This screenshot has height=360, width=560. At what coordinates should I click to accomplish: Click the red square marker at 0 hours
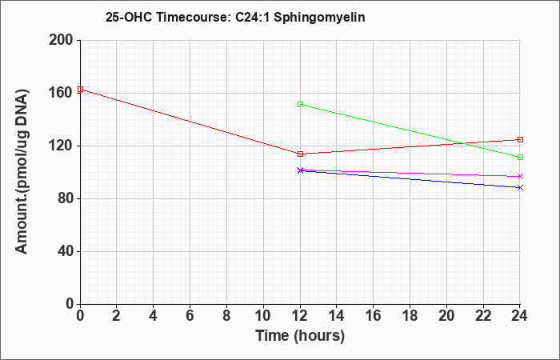[80, 90]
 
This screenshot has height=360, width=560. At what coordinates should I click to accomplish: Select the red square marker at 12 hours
[300, 154]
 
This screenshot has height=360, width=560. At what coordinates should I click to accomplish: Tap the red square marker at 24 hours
[520, 140]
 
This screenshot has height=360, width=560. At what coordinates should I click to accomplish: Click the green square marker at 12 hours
[300, 104]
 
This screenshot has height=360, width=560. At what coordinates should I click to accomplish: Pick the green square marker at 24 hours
[520, 157]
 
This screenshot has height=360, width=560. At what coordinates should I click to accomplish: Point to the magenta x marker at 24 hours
[520, 177]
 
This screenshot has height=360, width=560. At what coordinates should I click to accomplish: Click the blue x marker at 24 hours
[520, 187]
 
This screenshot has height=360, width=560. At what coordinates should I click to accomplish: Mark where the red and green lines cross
[464, 143]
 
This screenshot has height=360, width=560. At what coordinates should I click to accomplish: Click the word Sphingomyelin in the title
[319, 18]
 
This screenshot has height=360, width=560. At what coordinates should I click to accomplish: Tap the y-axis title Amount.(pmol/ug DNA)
[22, 171]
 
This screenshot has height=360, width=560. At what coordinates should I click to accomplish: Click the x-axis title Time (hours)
[300, 336]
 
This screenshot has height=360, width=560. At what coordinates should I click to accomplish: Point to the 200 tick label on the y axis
[60, 40]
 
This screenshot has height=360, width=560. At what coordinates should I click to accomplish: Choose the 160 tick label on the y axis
[60, 94]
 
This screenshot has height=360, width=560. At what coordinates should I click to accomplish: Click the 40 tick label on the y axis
[64, 251]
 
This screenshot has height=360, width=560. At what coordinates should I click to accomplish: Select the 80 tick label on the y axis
[64, 199]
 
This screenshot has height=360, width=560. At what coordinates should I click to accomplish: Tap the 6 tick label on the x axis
[190, 316]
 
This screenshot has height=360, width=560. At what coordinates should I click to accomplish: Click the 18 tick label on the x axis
[410, 316]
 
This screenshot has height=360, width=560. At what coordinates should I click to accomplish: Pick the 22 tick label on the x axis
[483, 316]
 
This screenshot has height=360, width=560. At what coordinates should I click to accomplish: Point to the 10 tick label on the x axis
[263, 316]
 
